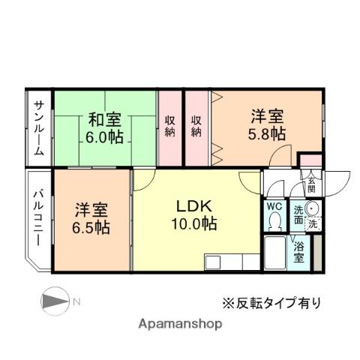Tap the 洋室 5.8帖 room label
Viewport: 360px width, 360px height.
[268, 124]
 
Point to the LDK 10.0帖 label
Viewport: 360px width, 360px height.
[197, 214]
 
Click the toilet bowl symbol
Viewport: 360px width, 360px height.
[274, 221]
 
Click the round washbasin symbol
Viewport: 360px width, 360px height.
[313, 209]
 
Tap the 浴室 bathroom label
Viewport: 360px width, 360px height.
[299, 251]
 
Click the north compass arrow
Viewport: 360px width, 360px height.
[54, 301]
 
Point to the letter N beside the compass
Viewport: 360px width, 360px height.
[77, 301]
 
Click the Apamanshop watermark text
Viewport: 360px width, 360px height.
[180, 324]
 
